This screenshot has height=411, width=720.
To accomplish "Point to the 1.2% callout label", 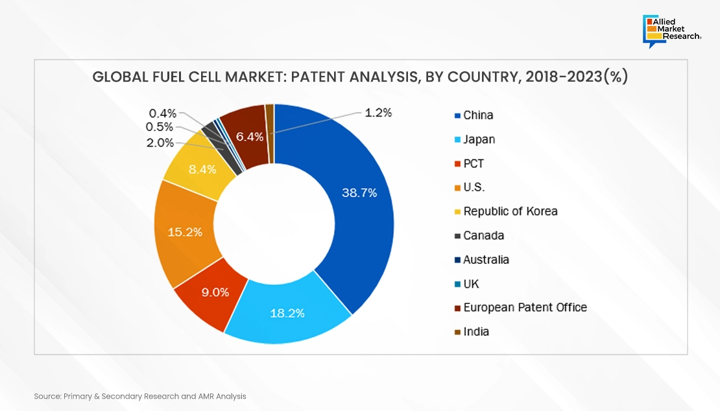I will point(378,113).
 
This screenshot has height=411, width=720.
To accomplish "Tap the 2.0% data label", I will point(160,143).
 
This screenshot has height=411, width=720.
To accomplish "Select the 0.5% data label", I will point(160,127).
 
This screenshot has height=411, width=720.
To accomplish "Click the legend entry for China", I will point(478,115).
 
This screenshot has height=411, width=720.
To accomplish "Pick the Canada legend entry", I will point(483,235).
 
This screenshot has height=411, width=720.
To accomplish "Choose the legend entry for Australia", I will point(486,260).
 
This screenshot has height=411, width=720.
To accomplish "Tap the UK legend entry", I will point(471,284).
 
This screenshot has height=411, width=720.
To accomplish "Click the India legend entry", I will point(476,332).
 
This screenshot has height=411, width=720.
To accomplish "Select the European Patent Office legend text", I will point(525,307).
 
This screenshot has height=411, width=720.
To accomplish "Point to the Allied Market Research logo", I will point(673,30).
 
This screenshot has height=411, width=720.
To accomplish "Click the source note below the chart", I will point(140,395).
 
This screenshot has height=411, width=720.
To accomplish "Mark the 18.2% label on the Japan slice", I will point(287,313).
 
